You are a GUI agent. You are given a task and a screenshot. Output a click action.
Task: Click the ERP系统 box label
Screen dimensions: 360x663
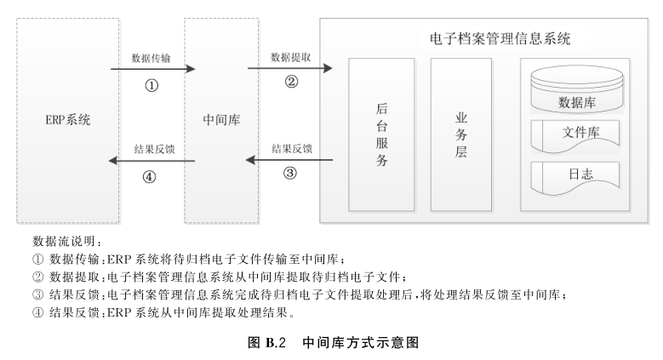(67, 119)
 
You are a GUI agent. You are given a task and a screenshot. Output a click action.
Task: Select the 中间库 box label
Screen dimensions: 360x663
(223, 120)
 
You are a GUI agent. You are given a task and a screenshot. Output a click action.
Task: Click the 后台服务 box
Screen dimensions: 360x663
(382, 134)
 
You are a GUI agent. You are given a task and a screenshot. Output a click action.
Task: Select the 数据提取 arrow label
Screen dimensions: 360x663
(290, 58)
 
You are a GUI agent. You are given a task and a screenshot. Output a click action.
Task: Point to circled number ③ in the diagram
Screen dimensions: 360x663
(290, 173)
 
